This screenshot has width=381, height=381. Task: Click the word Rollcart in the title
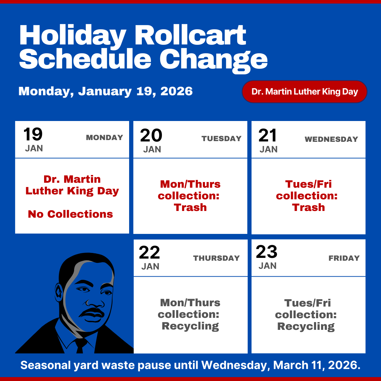(x=190, y=35)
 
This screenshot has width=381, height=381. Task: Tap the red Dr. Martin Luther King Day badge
(x=304, y=92)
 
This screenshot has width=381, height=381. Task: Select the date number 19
(x=33, y=134)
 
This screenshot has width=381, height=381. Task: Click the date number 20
(x=151, y=135)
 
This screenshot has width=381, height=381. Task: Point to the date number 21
(x=268, y=135)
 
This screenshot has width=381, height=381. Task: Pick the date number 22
(x=150, y=253)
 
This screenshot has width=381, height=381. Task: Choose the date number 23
(x=267, y=252)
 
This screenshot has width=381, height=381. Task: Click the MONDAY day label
(x=104, y=138)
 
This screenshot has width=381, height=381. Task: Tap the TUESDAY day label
(x=222, y=139)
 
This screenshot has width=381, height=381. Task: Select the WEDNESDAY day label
(x=331, y=139)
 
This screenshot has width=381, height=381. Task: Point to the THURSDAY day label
(x=216, y=258)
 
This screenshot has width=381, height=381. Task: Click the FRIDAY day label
(x=344, y=258)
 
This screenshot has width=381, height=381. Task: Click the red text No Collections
(x=71, y=214)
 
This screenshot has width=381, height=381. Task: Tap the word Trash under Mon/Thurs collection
(x=190, y=207)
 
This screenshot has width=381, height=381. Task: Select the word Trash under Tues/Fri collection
(x=308, y=207)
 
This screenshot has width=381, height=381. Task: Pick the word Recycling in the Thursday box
(x=190, y=326)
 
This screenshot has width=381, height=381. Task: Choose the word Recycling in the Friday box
(x=306, y=326)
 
